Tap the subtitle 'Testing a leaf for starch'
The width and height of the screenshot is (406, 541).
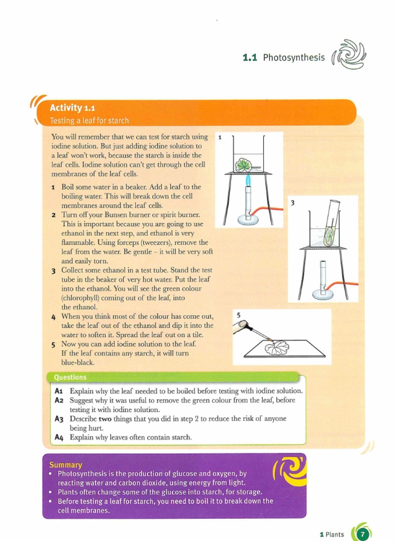(x=89, y=120)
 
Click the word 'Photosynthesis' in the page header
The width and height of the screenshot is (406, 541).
(x=294, y=58)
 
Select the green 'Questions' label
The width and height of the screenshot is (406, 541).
(x=70, y=377)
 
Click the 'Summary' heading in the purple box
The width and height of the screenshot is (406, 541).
(x=66, y=465)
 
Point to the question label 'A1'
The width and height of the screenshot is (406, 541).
(x=59, y=391)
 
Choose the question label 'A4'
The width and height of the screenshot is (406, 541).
(x=59, y=437)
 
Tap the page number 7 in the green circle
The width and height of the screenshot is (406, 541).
(x=362, y=535)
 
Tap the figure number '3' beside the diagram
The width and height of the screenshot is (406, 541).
(x=292, y=203)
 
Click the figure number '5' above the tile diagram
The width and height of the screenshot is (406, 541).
(x=238, y=315)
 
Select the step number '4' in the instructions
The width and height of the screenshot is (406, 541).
(x=53, y=316)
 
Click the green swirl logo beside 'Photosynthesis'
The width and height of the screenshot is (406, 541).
(x=349, y=54)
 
